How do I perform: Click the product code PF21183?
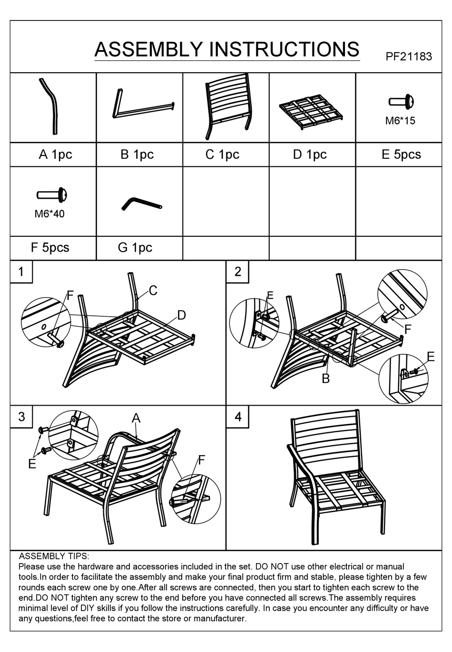[x=408, y=57]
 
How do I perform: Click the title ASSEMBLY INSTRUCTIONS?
[x=227, y=49]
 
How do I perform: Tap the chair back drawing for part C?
[x=228, y=106]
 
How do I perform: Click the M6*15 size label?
[x=400, y=121]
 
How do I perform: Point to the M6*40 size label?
[x=49, y=214]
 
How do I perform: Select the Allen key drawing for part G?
[x=141, y=204]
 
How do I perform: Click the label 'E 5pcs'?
[x=401, y=155]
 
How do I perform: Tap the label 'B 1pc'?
[x=137, y=155]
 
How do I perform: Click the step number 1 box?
[x=21, y=272]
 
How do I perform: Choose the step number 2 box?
[x=237, y=272]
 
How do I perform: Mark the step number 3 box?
[x=21, y=417]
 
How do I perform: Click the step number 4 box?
[x=237, y=417]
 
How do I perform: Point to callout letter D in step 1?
[x=181, y=315]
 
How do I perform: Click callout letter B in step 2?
[x=326, y=379]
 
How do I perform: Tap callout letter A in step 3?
[x=136, y=418]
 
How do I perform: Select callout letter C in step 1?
[x=153, y=291]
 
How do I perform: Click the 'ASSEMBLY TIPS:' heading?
[x=54, y=556]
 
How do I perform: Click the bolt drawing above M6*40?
[x=52, y=195]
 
